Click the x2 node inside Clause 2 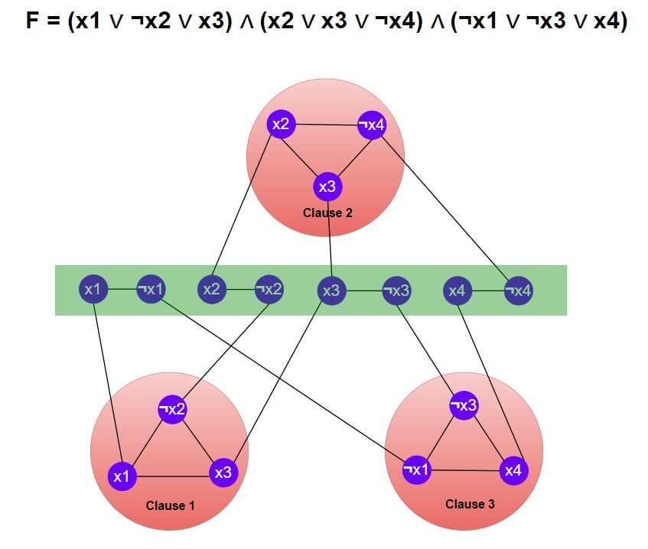click(281, 124)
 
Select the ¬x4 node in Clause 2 click(372, 125)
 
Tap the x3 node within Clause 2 click(327, 187)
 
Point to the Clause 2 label click(327, 213)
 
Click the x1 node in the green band click(93, 289)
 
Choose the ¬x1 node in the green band click(151, 289)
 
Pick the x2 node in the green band click(212, 289)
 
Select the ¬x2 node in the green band click(269, 289)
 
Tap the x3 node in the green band click(331, 291)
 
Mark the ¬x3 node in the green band click(397, 291)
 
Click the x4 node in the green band click(457, 291)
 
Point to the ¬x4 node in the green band click(519, 291)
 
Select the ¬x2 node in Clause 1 click(173, 409)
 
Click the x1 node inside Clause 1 click(122, 476)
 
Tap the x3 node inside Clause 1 click(223, 473)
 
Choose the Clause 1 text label click(171, 505)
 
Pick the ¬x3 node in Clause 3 click(464, 405)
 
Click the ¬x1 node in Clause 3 click(416, 469)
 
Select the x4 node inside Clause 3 click(513, 470)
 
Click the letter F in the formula click(32, 20)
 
